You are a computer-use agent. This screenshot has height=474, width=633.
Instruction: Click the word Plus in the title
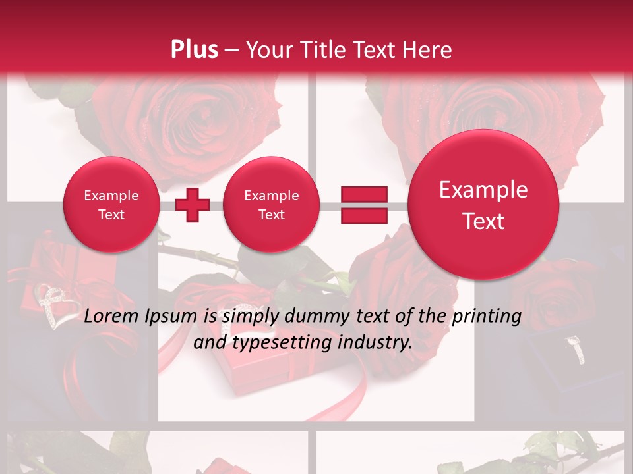pyautogui.click(x=194, y=50)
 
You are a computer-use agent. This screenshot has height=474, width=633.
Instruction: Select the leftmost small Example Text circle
pyautogui.click(x=111, y=205)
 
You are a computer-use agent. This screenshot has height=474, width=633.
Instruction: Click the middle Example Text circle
pyautogui.click(x=271, y=205)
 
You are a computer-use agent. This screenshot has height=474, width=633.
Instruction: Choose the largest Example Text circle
pyautogui.click(x=483, y=205)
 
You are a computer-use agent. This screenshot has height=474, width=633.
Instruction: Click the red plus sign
pyautogui.click(x=193, y=205)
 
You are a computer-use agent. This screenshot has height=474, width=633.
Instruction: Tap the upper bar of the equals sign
pyautogui.click(x=364, y=194)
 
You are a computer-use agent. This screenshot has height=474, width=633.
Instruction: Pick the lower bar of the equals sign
pyautogui.click(x=364, y=216)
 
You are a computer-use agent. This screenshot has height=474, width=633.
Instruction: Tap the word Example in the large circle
pyautogui.click(x=483, y=190)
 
